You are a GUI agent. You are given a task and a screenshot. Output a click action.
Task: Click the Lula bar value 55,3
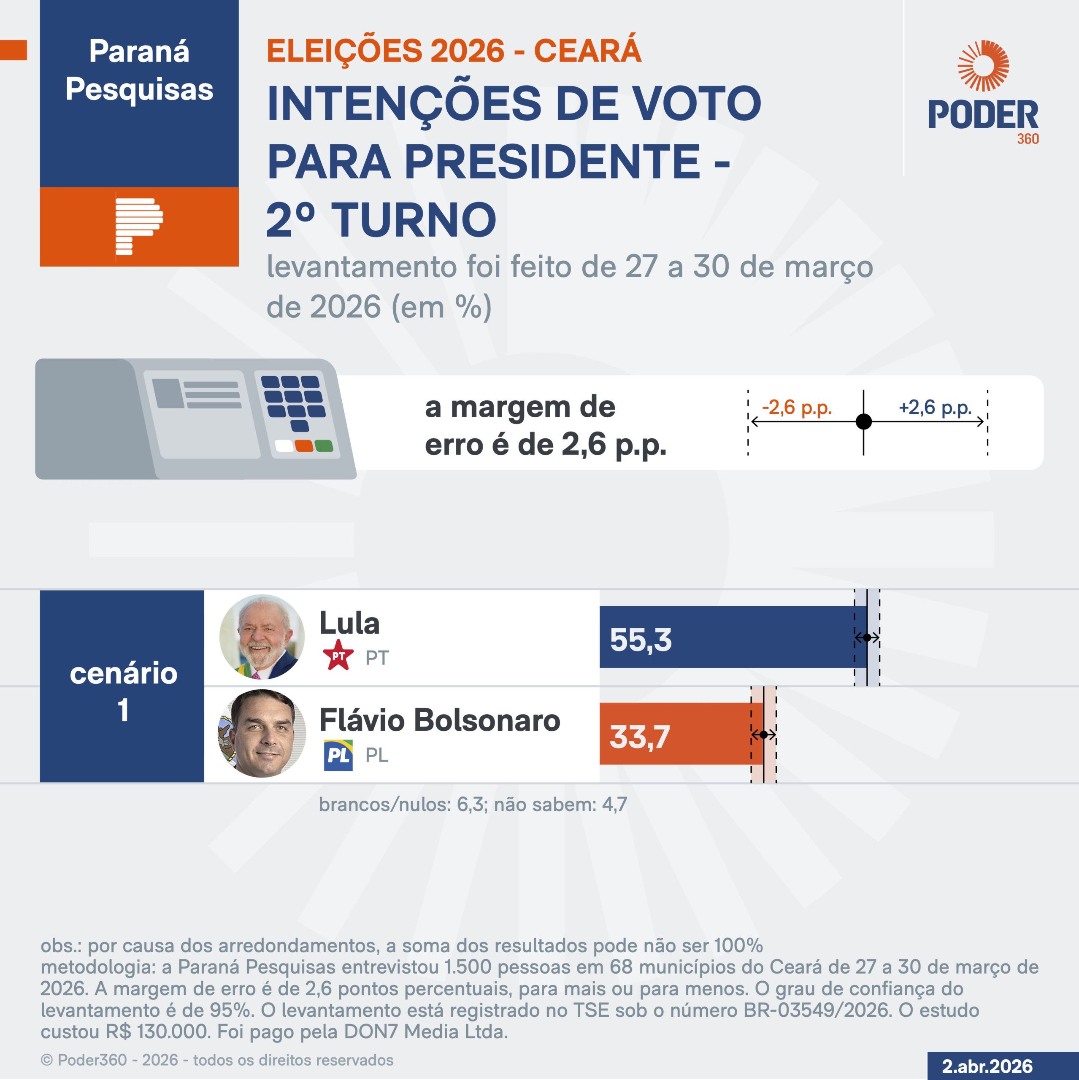(641, 640)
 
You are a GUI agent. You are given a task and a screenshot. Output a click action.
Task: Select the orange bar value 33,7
(640, 737)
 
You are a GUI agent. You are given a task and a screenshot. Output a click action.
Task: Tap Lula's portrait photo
(262, 637)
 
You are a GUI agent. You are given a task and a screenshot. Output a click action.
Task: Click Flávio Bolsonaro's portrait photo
(262, 733)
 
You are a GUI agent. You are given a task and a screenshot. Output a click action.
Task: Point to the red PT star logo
(338, 656)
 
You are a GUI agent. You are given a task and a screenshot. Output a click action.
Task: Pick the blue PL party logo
(338, 755)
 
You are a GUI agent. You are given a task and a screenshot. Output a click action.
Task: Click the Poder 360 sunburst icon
(983, 65)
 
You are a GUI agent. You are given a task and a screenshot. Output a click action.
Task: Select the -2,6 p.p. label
(797, 408)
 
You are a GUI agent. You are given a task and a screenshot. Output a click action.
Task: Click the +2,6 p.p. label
(935, 408)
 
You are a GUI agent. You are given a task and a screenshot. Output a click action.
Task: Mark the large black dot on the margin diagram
(864, 421)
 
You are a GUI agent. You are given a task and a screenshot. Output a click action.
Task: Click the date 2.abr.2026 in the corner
(987, 1066)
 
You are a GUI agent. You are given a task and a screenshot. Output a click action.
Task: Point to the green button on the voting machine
(324, 445)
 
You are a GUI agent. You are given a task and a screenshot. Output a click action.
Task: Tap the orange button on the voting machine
(304, 445)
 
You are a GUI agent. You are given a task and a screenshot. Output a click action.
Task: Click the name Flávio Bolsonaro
(439, 720)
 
